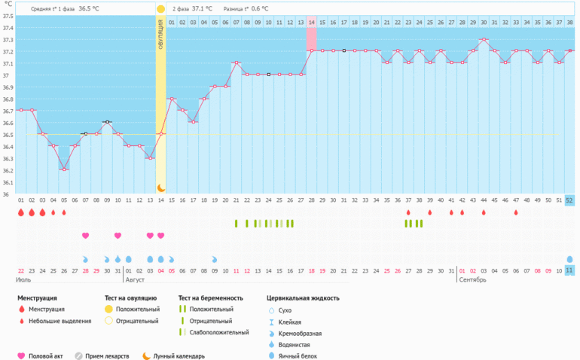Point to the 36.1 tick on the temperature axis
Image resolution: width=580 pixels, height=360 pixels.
[x=8, y=182]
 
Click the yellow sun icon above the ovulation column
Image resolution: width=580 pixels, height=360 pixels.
[x=160, y=9]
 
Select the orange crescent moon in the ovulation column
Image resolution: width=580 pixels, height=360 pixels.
[x=160, y=187]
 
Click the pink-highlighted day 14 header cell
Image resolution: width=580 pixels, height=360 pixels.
[x=311, y=23]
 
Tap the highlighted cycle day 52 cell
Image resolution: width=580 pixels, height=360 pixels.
[x=569, y=200]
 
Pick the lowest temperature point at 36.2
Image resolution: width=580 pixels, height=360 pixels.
[x=64, y=169]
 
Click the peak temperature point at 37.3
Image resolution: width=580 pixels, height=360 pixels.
[x=484, y=39]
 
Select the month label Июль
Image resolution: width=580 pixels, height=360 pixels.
[x=23, y=279]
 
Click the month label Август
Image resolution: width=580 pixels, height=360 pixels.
[x=135, y=279]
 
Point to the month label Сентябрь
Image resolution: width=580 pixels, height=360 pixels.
[x=472, y=279]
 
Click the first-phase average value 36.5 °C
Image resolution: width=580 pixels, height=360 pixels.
[x=90, y=9]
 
